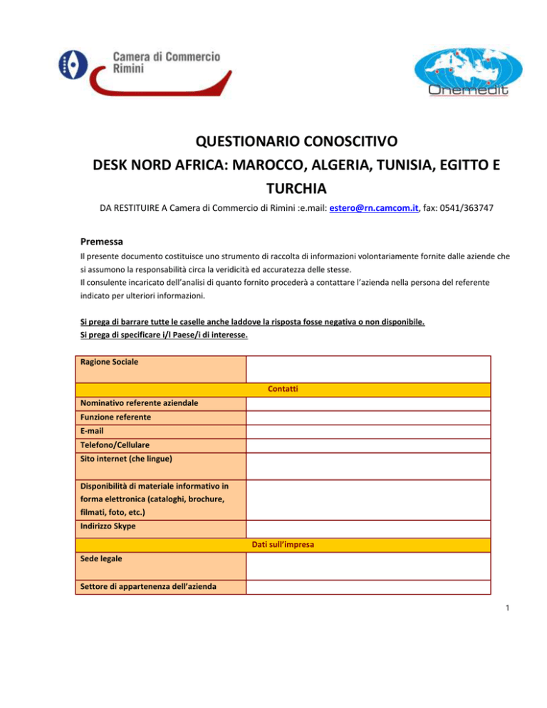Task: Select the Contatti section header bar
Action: point(283,390)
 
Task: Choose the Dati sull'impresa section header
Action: point(283,545)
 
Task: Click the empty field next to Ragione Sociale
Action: point(368,369)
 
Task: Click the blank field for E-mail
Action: point(368,431)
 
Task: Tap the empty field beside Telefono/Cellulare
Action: point(368,445)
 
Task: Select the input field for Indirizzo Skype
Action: point(368,529)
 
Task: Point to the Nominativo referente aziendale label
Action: point(140,403)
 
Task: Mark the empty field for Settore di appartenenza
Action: point(368,587)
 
